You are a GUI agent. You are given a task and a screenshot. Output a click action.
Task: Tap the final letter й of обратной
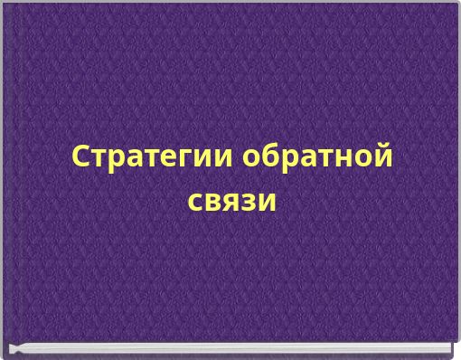(x=382, y=156)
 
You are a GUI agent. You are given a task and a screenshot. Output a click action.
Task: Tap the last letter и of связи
(x=267, y=201)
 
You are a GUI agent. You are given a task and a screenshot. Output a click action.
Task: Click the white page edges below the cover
(x=230, y=348)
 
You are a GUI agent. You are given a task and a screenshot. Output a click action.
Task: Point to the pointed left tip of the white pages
(x=12, y=349)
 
